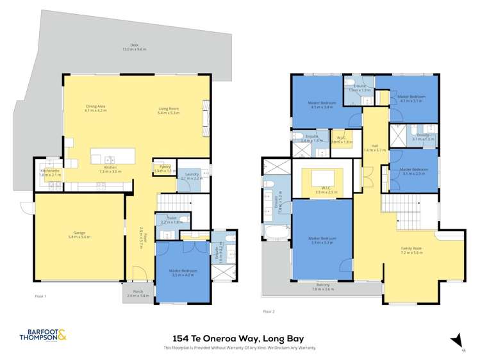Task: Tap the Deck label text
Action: click(135, 47)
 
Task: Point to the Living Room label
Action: click(167, 109)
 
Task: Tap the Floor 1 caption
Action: click(42, 297)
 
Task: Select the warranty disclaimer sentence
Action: click(240, 347)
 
